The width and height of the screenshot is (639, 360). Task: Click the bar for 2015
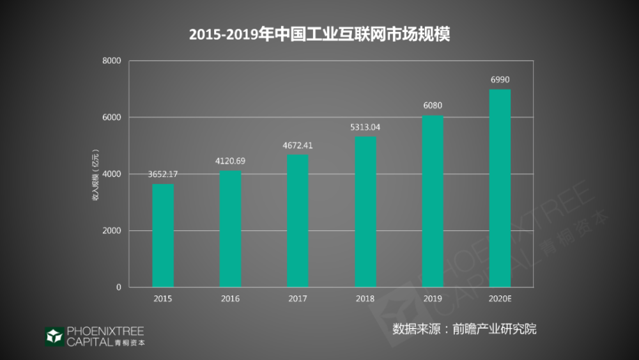(163, 235)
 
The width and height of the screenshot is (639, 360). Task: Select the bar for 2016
(230, 229)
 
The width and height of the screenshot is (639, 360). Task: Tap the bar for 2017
(298, 221)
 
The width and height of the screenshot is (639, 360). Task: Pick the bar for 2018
(366, 212)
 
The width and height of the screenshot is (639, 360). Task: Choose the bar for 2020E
(500, 188)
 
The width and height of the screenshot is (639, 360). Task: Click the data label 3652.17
(163, 174)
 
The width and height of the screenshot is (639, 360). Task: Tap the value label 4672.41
(298, 145)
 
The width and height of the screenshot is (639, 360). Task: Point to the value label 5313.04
(366, 127)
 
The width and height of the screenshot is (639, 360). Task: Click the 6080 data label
(433, 106)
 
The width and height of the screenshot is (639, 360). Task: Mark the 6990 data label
(500, 79)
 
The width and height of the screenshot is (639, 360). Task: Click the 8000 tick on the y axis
(112, 61)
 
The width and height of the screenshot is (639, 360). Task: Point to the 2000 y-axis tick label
(112, 231)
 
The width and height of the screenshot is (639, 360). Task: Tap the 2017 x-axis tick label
(298, 299)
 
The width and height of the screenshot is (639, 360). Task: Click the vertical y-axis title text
(95, 174)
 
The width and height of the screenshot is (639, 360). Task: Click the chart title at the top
(319, 34)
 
